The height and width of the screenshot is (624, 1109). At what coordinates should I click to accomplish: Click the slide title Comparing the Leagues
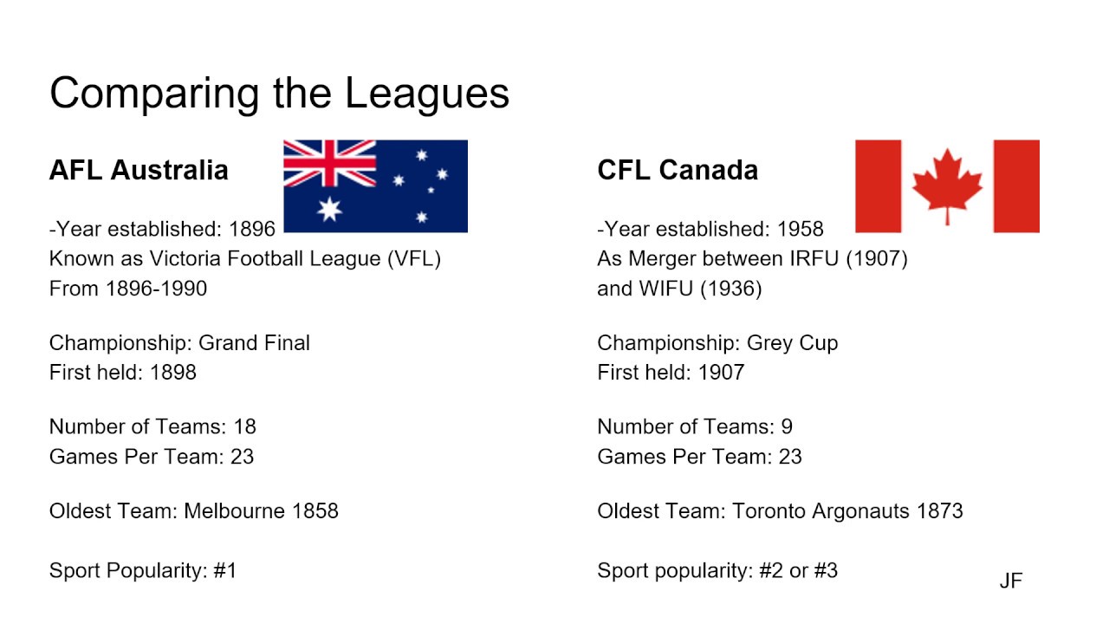(279, 94)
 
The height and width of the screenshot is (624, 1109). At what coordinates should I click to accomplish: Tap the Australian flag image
(375, 186)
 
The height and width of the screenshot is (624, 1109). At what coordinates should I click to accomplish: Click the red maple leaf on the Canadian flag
(947, 184)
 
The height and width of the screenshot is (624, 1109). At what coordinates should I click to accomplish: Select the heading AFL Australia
(139, 170)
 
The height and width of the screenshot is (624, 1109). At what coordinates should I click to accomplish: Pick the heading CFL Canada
(678, 170)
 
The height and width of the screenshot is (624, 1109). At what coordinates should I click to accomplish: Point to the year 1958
(800, 229)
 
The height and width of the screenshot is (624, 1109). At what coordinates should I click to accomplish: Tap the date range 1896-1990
(156, 289)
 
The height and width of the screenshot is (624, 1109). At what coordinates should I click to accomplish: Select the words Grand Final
(254, 343)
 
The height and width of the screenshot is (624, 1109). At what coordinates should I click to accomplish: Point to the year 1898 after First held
(172, 373)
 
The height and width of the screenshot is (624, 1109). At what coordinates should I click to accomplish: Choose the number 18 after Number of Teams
(244, 427)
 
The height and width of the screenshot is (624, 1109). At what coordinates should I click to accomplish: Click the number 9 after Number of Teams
(786, 427)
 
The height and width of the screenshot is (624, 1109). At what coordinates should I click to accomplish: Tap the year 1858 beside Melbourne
(315, 511)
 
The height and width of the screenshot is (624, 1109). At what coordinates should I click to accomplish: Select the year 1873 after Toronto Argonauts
(939, 511)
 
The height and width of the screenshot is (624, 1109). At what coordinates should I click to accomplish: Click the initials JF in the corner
(1010, 582)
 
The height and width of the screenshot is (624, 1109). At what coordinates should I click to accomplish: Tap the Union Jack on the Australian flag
(330, 164)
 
